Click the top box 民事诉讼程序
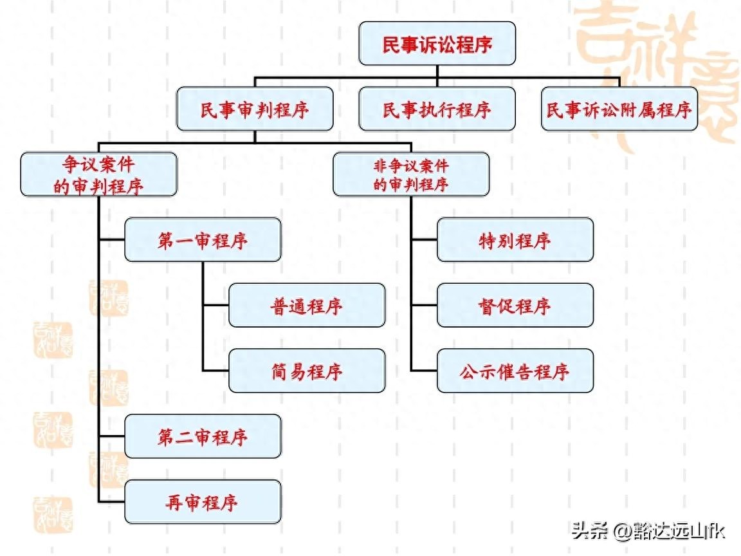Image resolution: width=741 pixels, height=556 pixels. tap(437, 44)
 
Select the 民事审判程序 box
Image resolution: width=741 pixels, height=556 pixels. tap(255, 109)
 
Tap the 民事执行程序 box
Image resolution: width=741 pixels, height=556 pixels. tap(437, 109)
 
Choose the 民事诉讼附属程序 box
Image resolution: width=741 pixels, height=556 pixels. tap(619, 109)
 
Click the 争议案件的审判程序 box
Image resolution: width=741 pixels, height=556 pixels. tap(98, 174)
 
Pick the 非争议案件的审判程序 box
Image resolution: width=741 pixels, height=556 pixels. tap(411, 174)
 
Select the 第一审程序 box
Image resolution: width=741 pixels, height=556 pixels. tap(203, 240)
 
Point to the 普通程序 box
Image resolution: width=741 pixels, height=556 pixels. tap(307, 305)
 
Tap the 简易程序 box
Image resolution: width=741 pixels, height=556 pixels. tap(307, 371)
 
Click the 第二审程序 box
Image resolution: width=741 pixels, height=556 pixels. tap(203, 436)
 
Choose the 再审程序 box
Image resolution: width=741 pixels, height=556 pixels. tap(203, 501)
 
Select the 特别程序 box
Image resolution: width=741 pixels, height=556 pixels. tap(515, 240)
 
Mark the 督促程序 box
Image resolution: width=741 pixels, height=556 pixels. tap(515, 305)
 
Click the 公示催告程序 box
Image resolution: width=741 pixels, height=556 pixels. tap(515, 371)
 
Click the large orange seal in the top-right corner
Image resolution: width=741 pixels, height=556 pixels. tap(656, 71)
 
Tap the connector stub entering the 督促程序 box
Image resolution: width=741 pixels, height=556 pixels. tap(424, 305)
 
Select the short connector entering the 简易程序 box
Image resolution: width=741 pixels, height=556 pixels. tap(216, 371)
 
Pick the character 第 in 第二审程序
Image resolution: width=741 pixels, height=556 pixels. tap(165, 436)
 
